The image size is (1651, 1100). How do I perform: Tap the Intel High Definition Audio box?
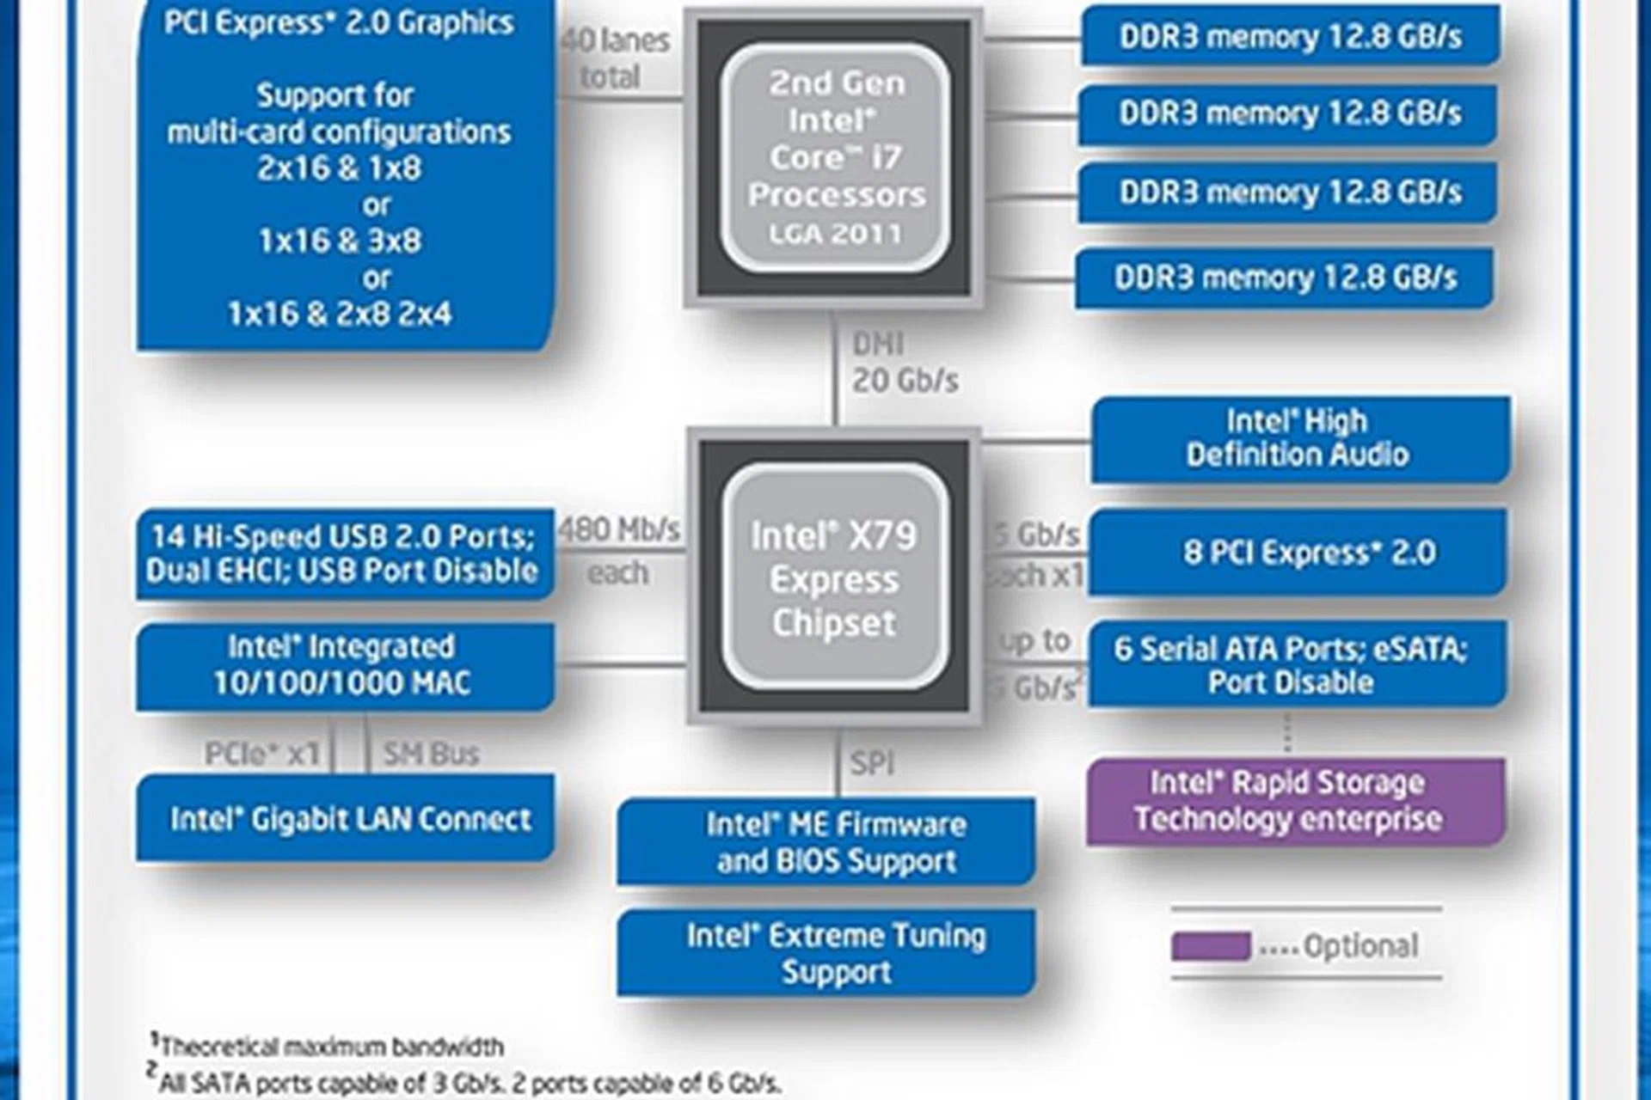[x=1299, y=438]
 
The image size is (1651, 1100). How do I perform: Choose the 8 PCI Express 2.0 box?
[x=1299, y=552]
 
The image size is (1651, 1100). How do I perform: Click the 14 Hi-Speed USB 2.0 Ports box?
[x=344, y=553]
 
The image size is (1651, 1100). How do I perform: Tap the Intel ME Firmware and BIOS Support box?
[x=826, y=842]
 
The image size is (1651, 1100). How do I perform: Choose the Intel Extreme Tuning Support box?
[x=826, y=952]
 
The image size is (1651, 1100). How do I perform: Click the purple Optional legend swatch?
[x=1210, y=946]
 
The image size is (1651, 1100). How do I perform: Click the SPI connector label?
[x=872, y=762]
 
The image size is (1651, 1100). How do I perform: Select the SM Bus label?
[x=431, y=754]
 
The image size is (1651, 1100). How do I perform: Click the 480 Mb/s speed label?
[x=619, y=529]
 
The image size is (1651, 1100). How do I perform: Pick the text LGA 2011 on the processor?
[x=835, y=234]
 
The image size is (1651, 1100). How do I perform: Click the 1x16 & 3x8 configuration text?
[x=341, y=241]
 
